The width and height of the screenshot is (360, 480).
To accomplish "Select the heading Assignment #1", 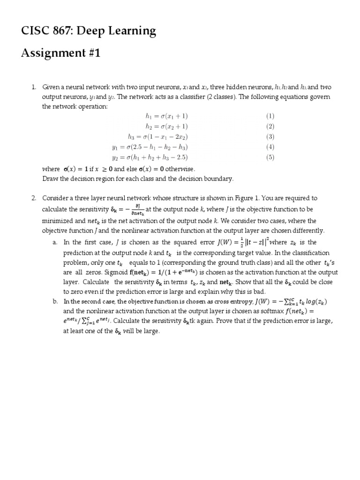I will point(61,53).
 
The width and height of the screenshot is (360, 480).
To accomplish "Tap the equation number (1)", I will point(270,116).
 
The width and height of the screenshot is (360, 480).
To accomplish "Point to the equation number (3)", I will point(270,137).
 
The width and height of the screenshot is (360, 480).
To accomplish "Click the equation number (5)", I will point(270,157).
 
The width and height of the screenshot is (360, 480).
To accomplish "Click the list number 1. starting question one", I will point(34,87).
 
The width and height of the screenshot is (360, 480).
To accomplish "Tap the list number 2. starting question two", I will point(34,198).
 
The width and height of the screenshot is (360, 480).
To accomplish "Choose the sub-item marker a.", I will point(55,242).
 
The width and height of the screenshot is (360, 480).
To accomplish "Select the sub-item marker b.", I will point(55,302).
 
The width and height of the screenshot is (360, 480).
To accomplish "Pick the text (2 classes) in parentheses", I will point(216,97).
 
